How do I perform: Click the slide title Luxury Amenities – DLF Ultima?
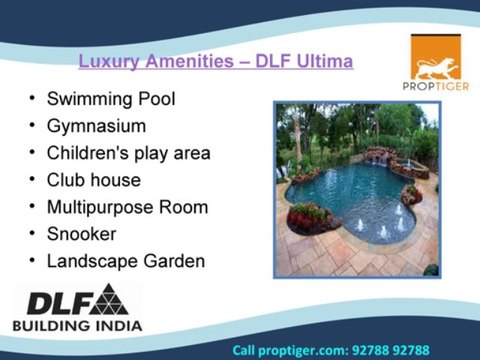pyautogui.click(x=215, y=62)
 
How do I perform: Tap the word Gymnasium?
pyautogui.click(x=96, y=127)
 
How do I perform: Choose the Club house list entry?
pyautogui.click(x=93, y=181)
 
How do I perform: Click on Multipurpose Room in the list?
pyautogui.click(x=127, y=208)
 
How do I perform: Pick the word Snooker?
pyautogui.click(x=82, y=235)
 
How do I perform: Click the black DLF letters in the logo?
pyautogui.click(x=53, y=302)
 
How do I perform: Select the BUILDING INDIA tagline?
pyautogui.click(x=77, y=325)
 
